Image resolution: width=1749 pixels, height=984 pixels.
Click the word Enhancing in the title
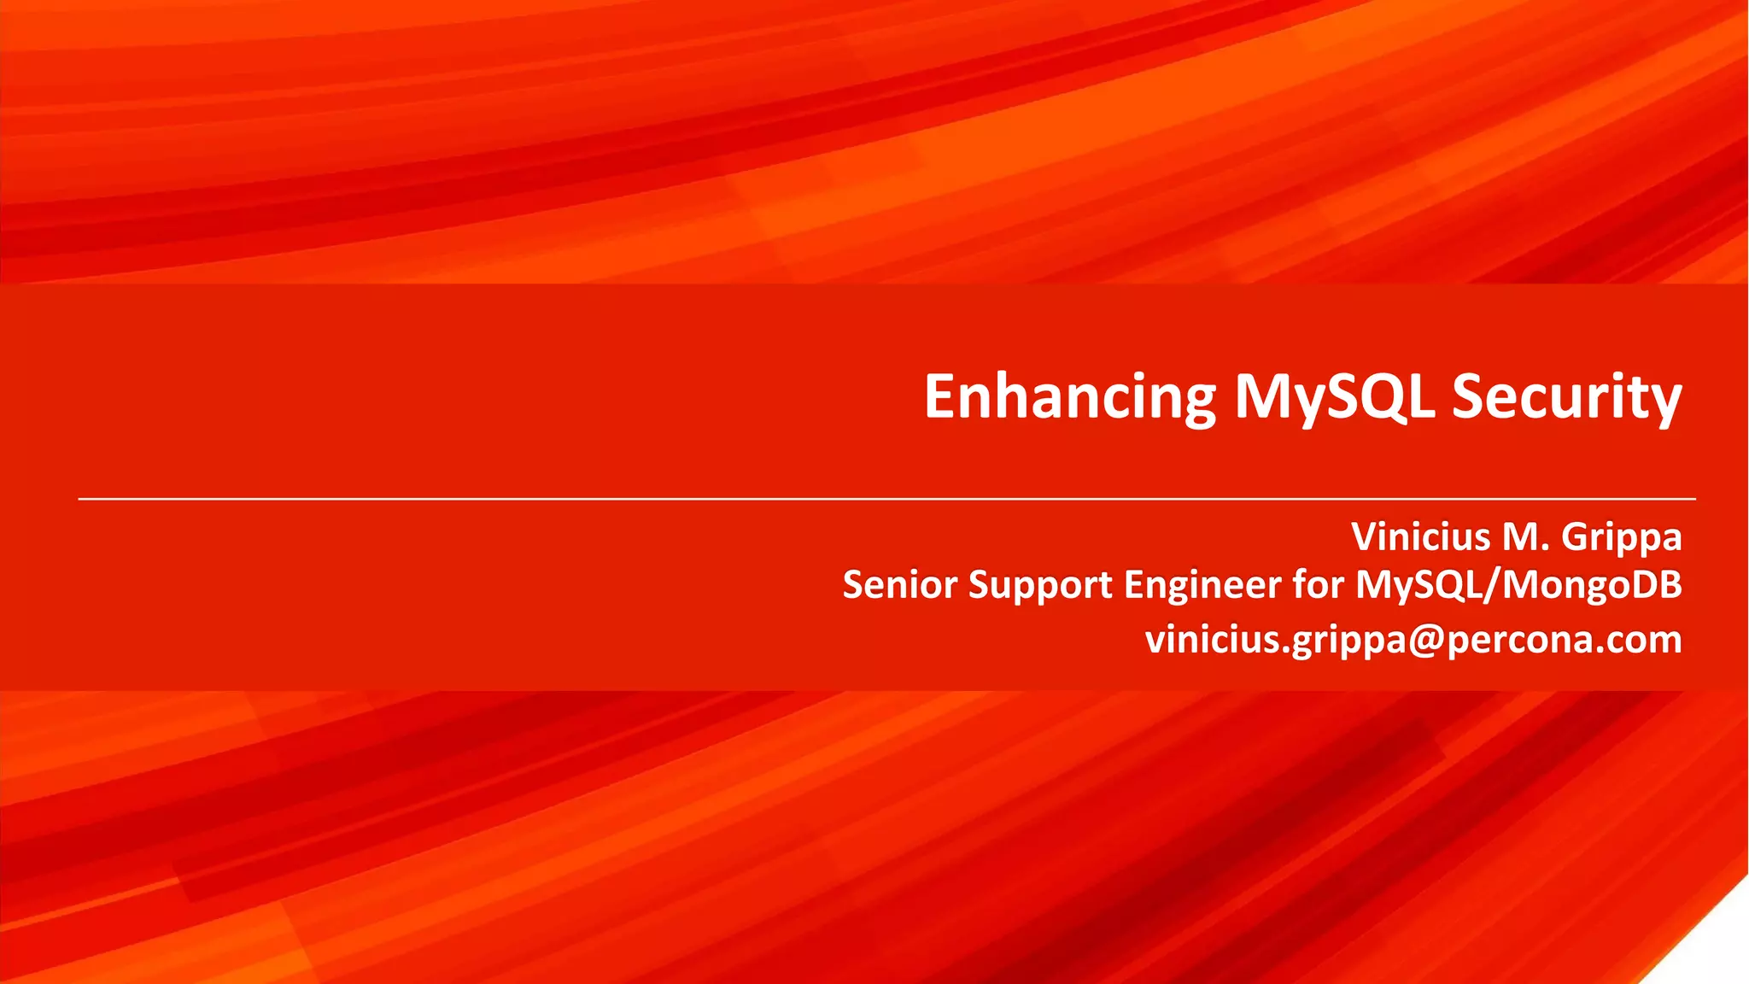click(1069, 397)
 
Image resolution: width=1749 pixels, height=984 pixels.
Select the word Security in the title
click(1567, 397)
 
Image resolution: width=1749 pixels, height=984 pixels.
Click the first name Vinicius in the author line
click(1421, 537)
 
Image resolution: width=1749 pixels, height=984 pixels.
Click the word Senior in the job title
click(900, 585)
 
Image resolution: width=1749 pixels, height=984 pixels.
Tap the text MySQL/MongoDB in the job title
click(1518, 586)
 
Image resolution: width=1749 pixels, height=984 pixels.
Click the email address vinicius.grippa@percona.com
click(1413, 640)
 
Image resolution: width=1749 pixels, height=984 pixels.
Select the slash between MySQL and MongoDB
click(1494, 586)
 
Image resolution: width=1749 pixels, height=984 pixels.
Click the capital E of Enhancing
click(943, 397)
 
